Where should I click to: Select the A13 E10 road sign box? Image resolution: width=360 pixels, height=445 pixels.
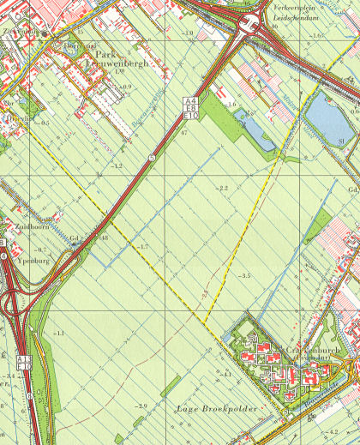24,362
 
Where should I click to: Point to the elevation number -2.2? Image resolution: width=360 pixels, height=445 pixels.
224,187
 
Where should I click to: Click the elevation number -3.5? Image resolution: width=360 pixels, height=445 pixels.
244,275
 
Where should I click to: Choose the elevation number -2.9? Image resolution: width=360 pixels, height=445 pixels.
141,405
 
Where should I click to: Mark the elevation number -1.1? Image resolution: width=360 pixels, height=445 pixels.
57,332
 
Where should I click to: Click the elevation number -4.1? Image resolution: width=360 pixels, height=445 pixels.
227,375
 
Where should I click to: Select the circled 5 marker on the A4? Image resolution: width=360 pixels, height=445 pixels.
151,158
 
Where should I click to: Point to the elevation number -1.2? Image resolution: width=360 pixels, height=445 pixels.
117,165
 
